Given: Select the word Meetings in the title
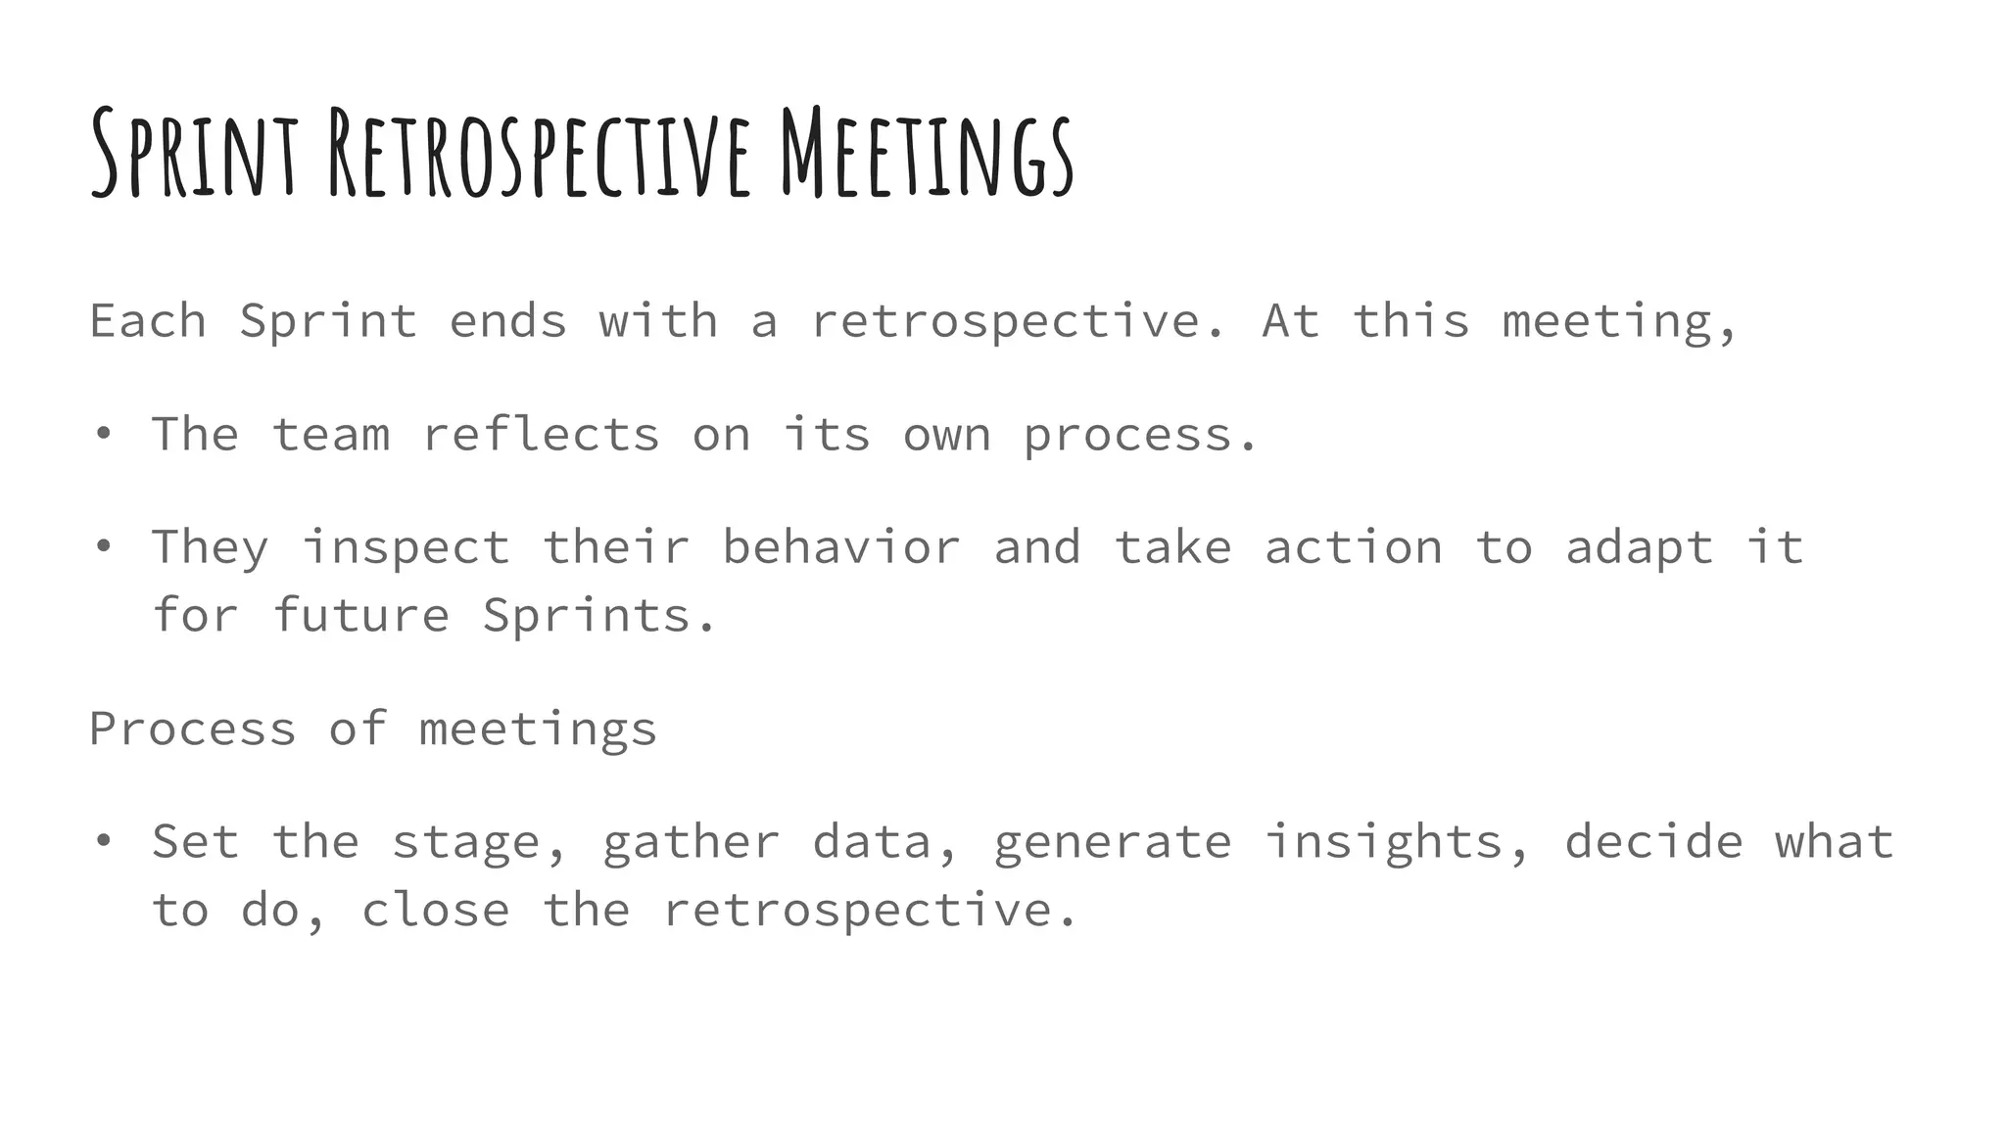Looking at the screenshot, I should (927, 155).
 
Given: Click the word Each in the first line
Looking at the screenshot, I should (148, 321).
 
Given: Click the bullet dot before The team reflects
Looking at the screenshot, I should (103, 434).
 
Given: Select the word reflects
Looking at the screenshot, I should (541, 434).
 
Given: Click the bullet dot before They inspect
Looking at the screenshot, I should (103, 546).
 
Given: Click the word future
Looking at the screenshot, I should (360, 615).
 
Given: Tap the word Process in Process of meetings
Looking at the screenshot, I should (193, 728).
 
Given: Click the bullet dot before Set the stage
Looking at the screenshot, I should (103, 841).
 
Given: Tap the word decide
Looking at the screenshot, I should (1653, 841).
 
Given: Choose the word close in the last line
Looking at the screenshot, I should (435, 910).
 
